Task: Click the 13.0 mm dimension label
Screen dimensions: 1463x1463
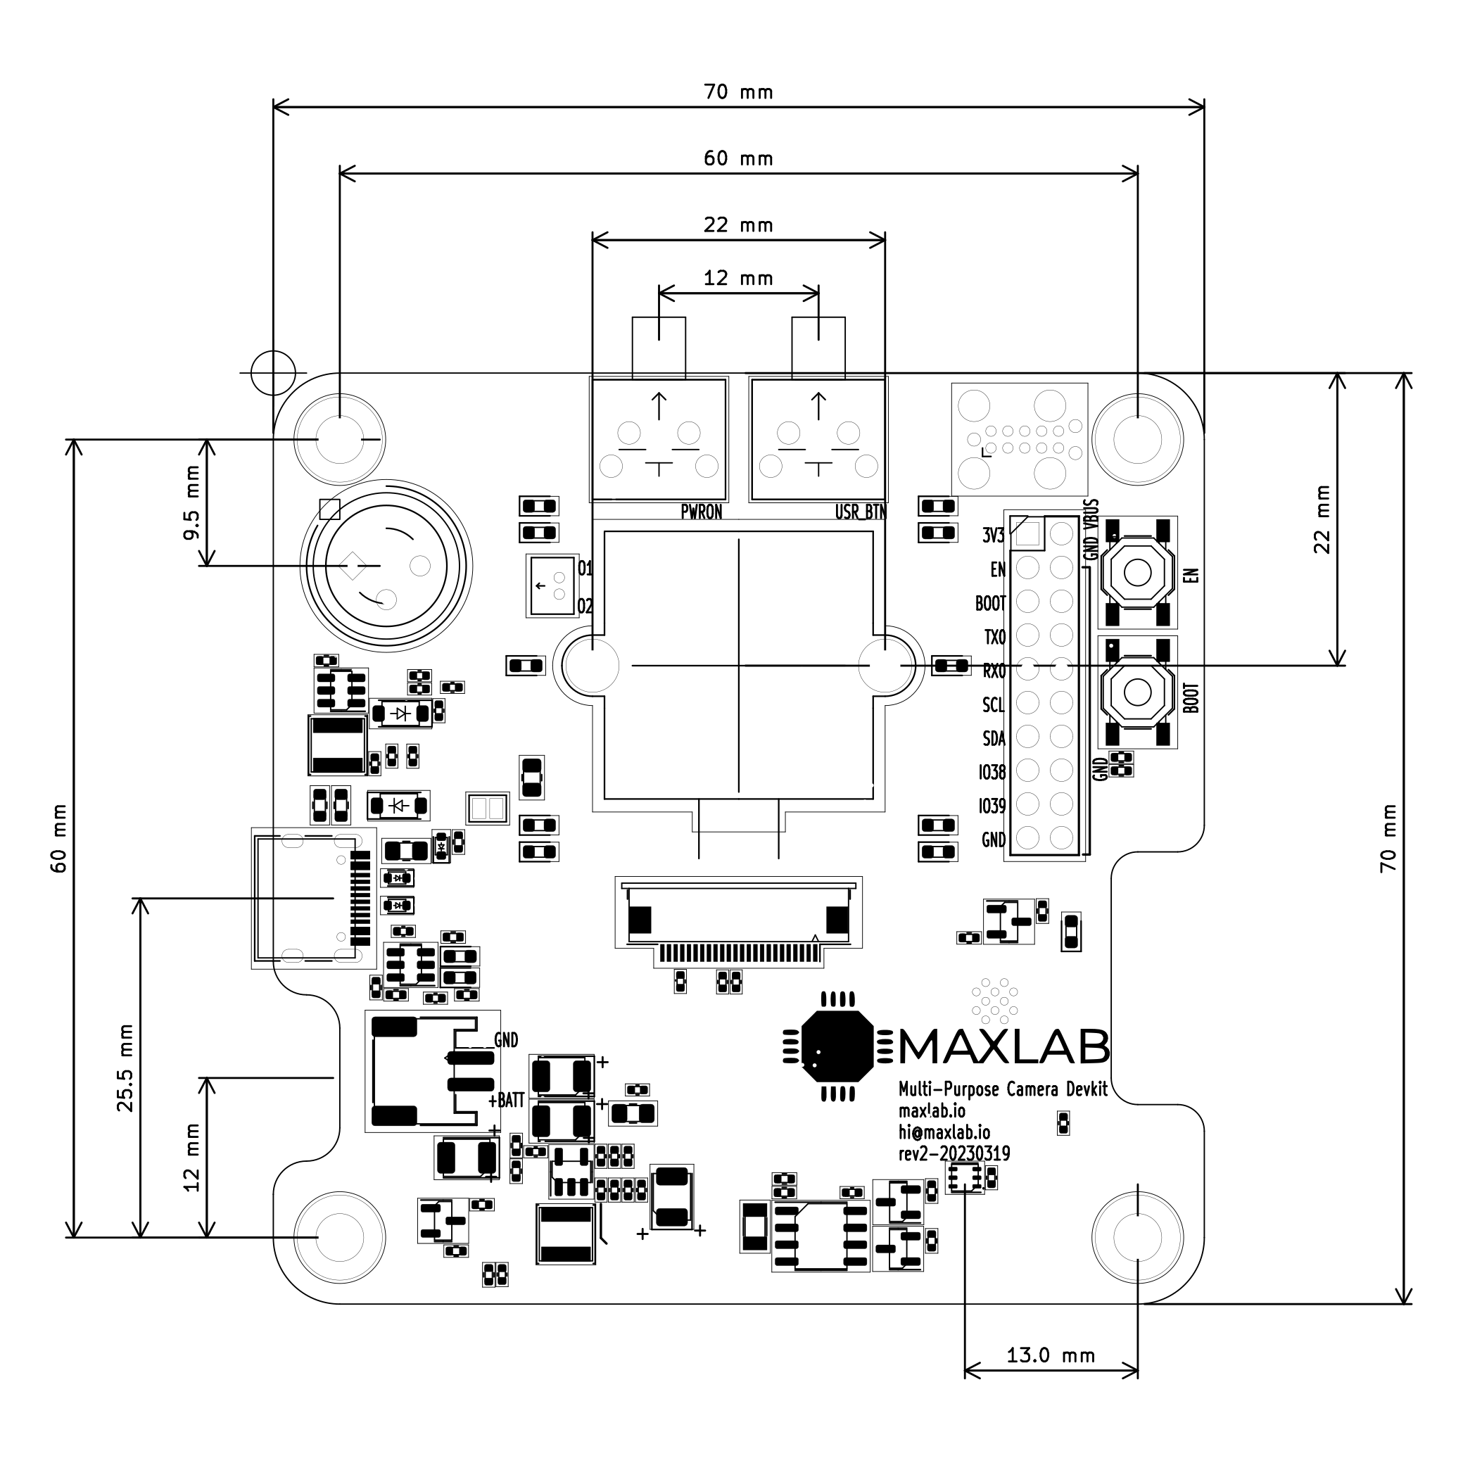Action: coord(1051,1355)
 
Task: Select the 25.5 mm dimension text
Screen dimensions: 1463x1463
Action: coord(125,1068)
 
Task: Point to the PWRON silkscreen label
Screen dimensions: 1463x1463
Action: coord(701,512)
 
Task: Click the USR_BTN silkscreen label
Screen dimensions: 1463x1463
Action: coord(860,512)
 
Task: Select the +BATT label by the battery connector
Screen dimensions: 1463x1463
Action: coord(506,1101)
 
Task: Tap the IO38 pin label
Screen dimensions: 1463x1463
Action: coord(992,773)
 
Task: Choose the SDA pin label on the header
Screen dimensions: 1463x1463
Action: coord(994,738)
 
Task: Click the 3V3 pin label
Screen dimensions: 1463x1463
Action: coord(994,536)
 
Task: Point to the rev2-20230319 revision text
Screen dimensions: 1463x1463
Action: coord(954,1153)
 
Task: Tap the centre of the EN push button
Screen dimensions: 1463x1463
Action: coord(1137,573)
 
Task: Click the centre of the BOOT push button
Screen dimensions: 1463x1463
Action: coord(1137,691)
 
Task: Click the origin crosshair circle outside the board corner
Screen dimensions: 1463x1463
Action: coord(272,372)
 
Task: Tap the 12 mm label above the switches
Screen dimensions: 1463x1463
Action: coord(738,278)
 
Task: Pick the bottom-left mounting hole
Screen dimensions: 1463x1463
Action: coord(339,1236)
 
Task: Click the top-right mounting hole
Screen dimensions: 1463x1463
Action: coord(1137,438)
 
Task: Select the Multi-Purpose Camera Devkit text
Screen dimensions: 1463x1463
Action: coord(1003,1089)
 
